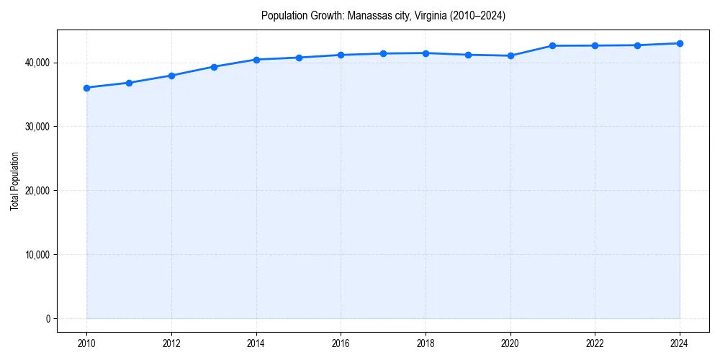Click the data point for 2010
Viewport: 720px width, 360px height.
tap(86, 88)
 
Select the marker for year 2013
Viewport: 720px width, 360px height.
tap(214, 67)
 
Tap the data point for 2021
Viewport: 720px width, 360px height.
tap(552, 45)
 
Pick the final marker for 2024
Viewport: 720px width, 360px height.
tap(680, 43)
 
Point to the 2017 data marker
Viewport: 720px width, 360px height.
tap(383, 53)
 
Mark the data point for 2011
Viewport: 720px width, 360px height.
tap(129, 83)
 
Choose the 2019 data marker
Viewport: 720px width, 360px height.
tap(468, 55)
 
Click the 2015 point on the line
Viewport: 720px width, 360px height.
tap(299, 58)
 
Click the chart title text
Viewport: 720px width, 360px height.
tap(383, 16)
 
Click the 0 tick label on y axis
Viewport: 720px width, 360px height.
tap(48, 319)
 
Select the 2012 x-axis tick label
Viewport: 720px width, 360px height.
tap(171, 343)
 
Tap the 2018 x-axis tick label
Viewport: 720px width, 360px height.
tap(426, 343)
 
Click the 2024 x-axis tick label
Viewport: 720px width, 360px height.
tap(680, 343)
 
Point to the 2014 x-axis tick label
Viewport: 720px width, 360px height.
tap(256, 343)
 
